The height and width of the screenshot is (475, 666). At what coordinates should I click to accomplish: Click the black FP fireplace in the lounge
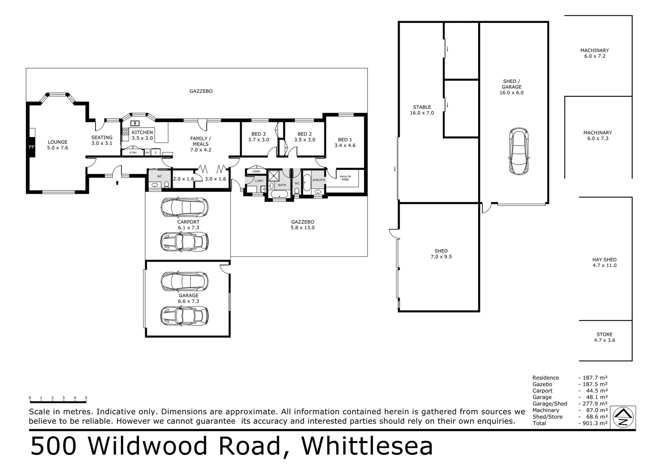[31, 147]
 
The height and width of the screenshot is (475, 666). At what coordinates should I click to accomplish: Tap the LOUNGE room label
[58, 145]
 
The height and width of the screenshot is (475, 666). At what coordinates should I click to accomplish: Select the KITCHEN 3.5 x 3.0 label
[142, 135]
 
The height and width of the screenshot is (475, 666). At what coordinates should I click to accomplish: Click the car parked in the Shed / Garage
[519, 151]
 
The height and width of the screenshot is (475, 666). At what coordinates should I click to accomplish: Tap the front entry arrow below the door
[117, 182]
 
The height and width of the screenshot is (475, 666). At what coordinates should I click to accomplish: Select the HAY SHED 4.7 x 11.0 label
[604, 263]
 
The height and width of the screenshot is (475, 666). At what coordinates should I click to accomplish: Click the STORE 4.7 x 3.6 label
[604, 337]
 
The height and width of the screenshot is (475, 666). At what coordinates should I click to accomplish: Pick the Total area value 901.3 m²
[592, 424]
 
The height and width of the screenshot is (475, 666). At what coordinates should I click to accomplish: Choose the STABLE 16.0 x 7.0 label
[422, 110]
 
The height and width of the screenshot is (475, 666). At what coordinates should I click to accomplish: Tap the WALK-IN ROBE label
[345, 178]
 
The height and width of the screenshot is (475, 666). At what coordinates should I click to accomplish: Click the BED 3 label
[258, 137]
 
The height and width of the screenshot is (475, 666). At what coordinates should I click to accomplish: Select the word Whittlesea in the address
[367, 446]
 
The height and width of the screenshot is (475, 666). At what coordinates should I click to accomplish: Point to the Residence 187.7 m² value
[592, 378]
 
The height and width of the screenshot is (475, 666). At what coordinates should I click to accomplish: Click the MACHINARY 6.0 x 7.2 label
[594, 53]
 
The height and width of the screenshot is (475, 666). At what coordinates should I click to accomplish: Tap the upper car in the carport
[184, 207]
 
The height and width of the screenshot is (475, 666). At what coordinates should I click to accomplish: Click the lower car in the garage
[184, 315]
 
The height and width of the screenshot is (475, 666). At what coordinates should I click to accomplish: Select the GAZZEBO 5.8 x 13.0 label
[302, 225]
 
